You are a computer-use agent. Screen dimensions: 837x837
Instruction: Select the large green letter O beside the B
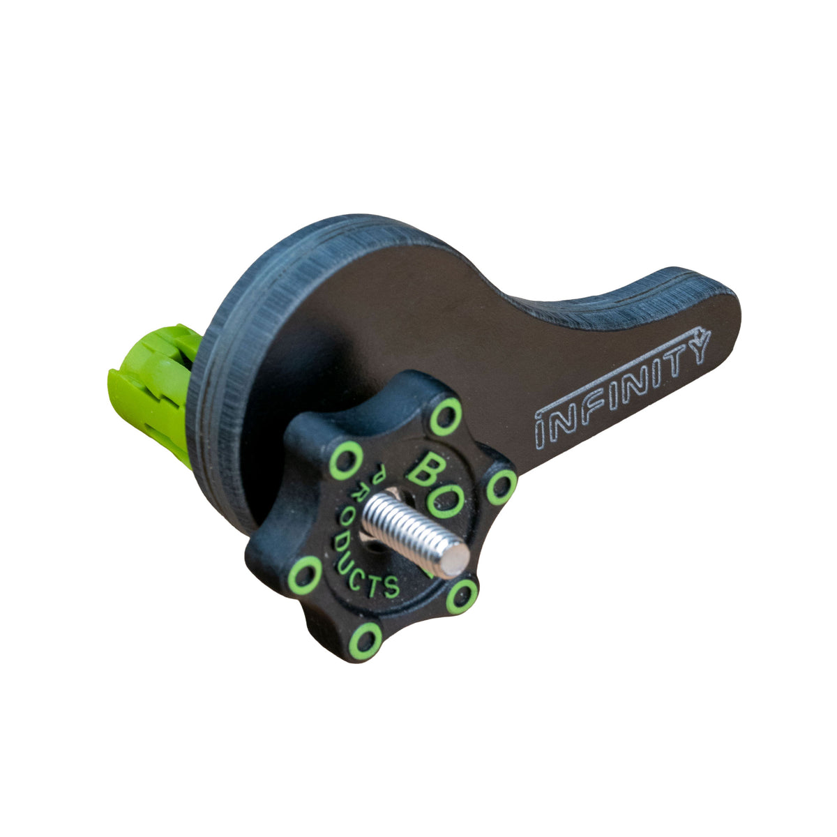(x=444, y=502)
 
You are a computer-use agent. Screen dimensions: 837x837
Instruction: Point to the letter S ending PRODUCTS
(x=391, y=587)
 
